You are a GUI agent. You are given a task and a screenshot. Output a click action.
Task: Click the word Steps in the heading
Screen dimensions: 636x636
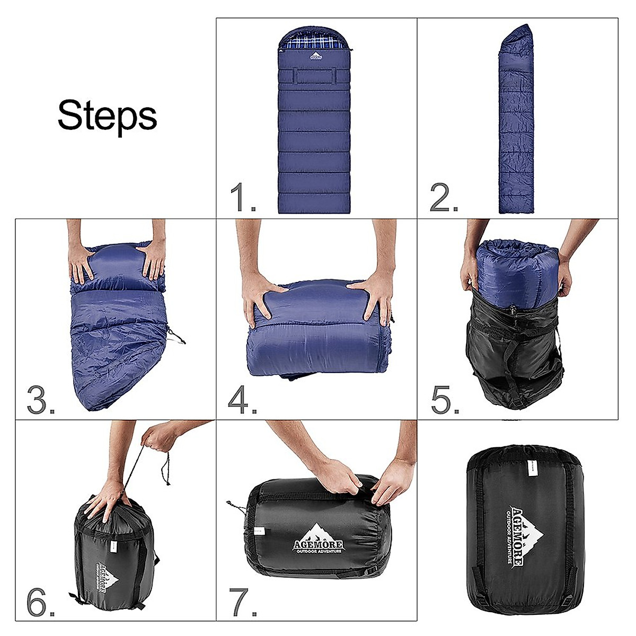click(x=107, y=116)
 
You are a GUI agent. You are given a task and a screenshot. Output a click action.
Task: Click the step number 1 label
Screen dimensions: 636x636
click(x=243, y=198)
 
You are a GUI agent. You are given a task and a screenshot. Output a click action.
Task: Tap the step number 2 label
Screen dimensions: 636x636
click(x=444, y=198)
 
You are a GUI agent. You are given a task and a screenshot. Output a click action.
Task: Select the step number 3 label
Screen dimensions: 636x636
click(x=41, y=400)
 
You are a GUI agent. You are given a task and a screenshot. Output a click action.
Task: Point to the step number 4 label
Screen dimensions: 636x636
click(x=243, y=400)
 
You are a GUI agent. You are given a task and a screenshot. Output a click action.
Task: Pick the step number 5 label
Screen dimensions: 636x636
click(x=445, y=400)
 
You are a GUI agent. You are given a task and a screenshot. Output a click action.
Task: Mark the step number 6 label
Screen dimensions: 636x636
click(x=41, y=601)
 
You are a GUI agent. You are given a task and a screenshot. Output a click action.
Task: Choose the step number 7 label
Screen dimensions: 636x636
click(x=243, y=601)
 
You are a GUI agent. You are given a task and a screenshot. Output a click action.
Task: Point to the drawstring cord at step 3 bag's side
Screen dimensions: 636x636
click(x=176, y=335)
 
